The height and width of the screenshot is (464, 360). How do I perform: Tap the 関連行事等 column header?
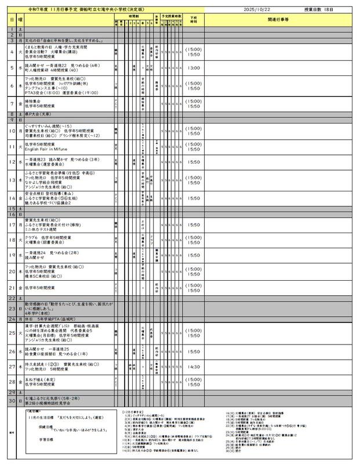(278, 20)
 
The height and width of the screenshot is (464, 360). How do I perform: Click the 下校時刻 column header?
(192, 19)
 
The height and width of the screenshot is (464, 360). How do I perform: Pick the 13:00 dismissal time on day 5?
(192, 68)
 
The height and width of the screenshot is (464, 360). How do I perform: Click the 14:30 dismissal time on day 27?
(192, 367)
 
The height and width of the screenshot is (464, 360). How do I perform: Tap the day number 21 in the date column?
(12, 287)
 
